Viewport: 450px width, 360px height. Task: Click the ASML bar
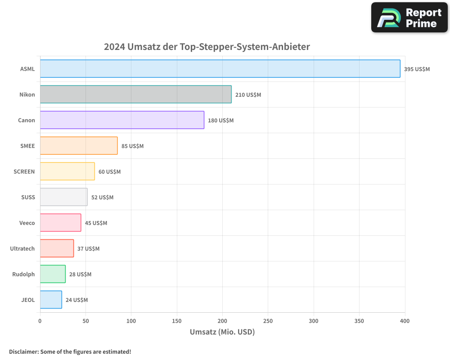pos(220,69)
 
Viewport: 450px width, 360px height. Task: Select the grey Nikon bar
pos(135,94)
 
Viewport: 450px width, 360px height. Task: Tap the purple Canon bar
pos(122,120)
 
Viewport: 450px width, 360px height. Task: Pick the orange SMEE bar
pos(79,146)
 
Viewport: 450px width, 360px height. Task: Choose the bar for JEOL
pos(51,300)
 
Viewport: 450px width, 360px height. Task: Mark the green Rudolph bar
pos(53,274)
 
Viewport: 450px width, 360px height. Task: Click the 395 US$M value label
pos(417,69)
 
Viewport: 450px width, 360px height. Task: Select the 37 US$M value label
pos(88,249)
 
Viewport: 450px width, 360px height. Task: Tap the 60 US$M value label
pos(109,172)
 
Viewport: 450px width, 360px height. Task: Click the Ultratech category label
pos(22,249)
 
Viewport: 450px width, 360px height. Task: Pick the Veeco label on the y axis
pos(27,223)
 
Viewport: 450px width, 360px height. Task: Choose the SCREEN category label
pos(24,172)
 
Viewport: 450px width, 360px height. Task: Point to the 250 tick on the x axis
pos(268,321)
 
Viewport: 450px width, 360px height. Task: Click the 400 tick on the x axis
pos(405,321)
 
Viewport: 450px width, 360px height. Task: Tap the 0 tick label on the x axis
pos(40,321)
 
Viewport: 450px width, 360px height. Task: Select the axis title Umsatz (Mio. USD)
pos(222,332)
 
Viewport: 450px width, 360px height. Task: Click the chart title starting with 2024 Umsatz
pos(207,47)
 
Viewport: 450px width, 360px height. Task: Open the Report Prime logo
pos(409,18)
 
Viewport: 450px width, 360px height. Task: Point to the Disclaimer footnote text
pos(70,351)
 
